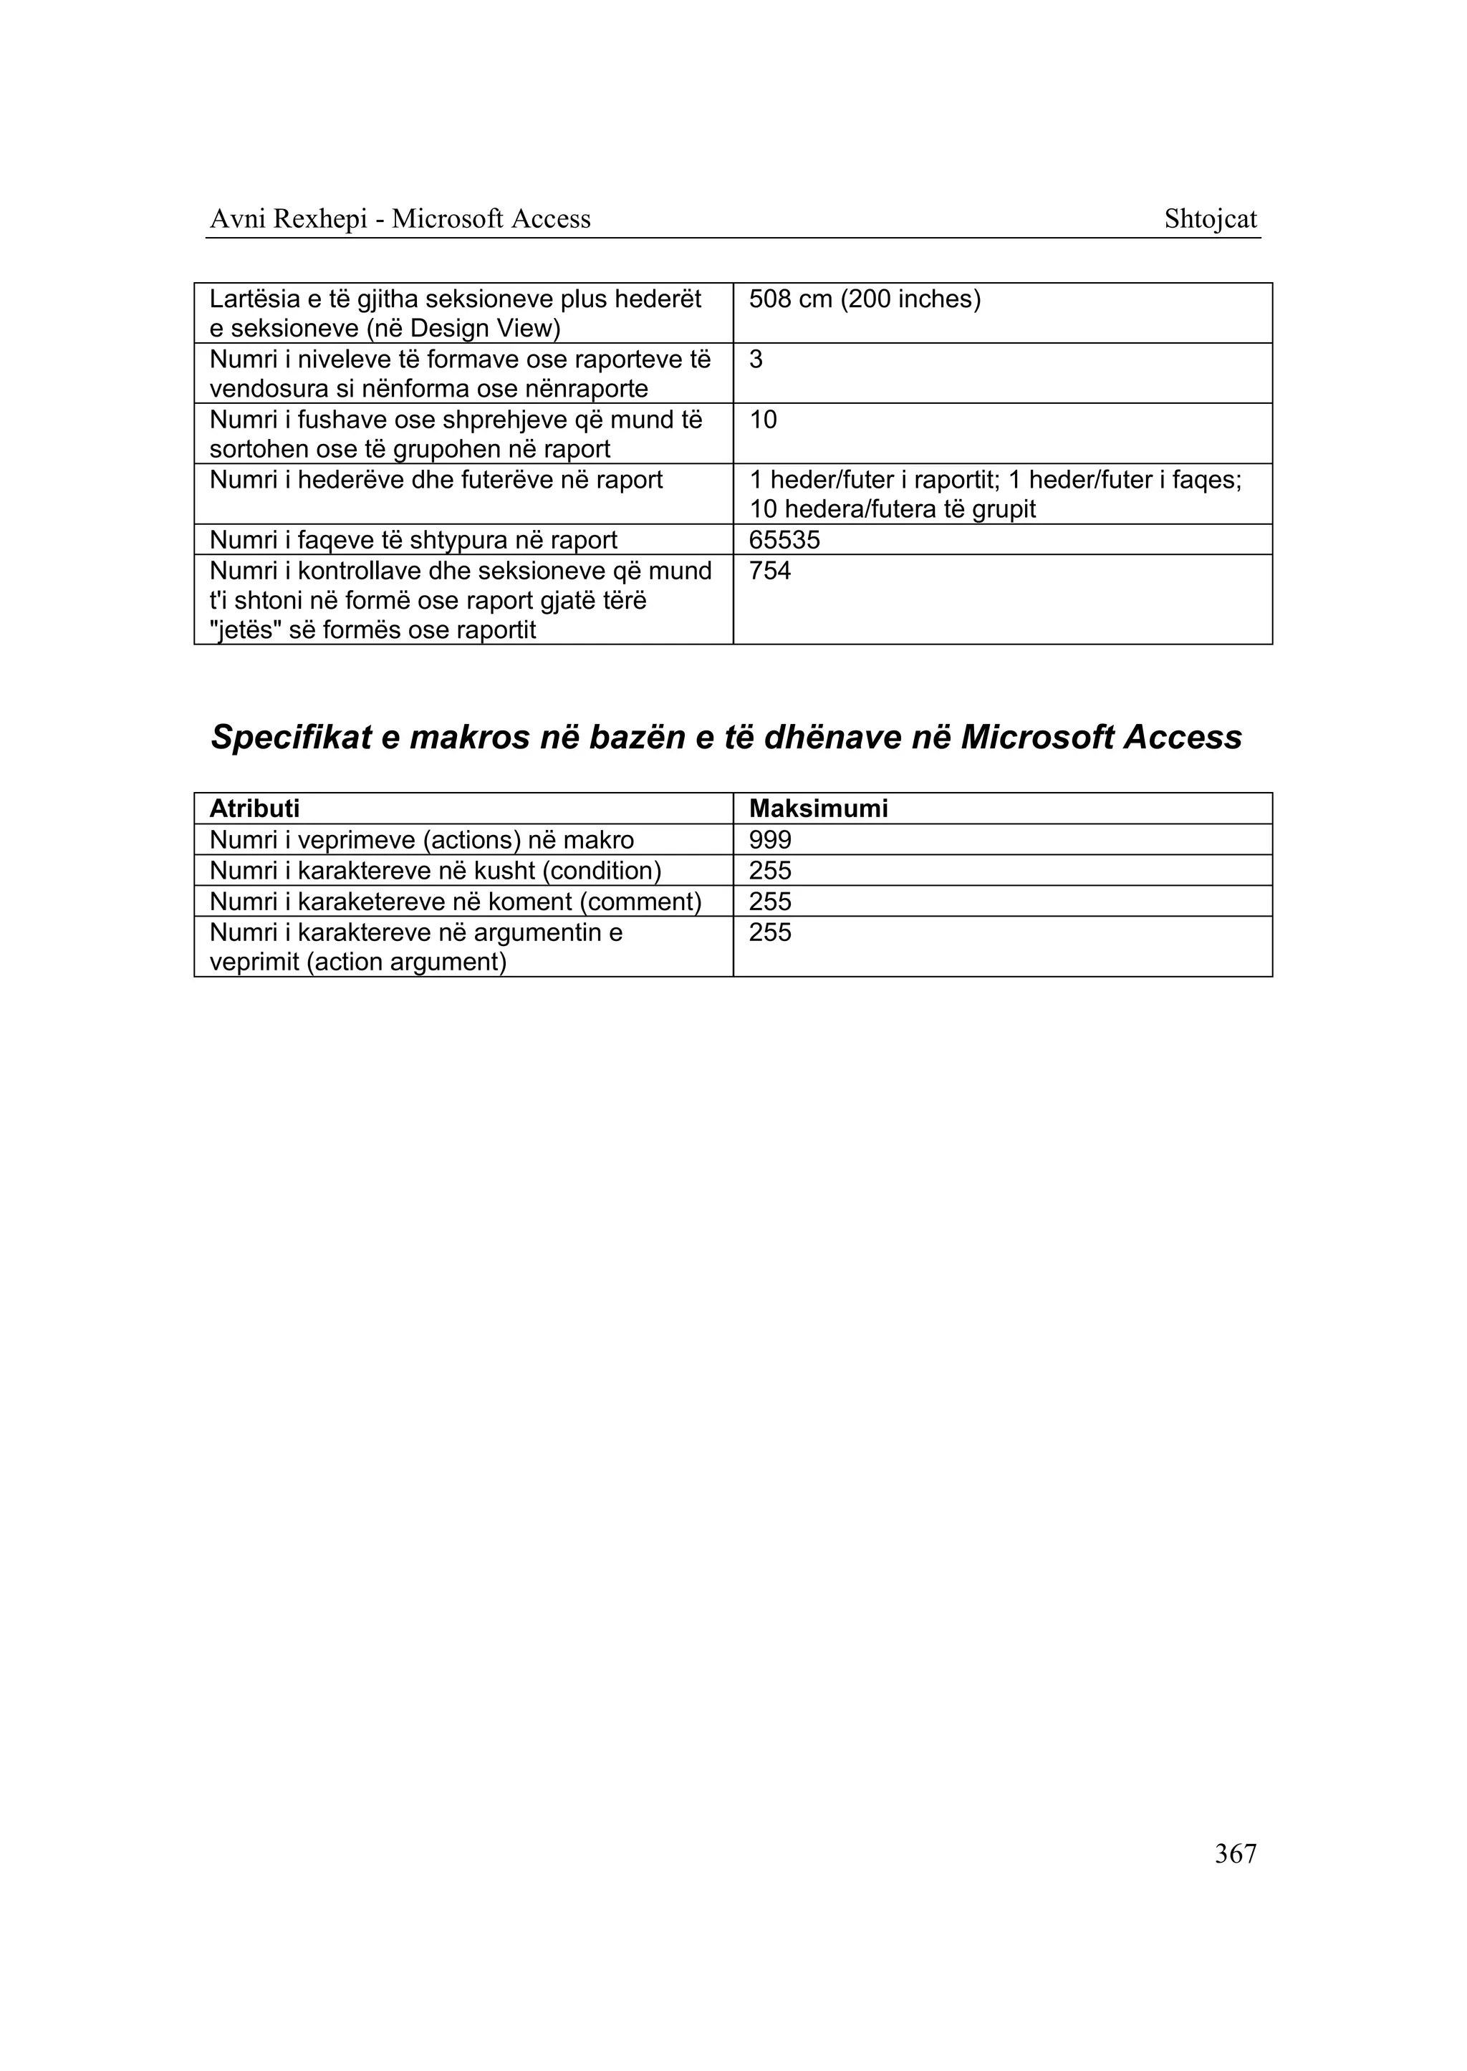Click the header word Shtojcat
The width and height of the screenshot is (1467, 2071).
point(1210,219)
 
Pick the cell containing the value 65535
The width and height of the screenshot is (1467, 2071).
point(784,540)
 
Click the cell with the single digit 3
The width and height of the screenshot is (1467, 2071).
point(756,360)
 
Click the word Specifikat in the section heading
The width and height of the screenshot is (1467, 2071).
point(291,738)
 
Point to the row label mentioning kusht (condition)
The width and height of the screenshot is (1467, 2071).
point(436,871)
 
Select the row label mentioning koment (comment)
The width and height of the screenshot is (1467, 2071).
point(456,902)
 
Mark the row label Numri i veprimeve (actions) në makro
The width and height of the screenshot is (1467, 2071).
point(421,840)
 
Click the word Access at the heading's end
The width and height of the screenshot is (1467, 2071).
point(1183,738)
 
